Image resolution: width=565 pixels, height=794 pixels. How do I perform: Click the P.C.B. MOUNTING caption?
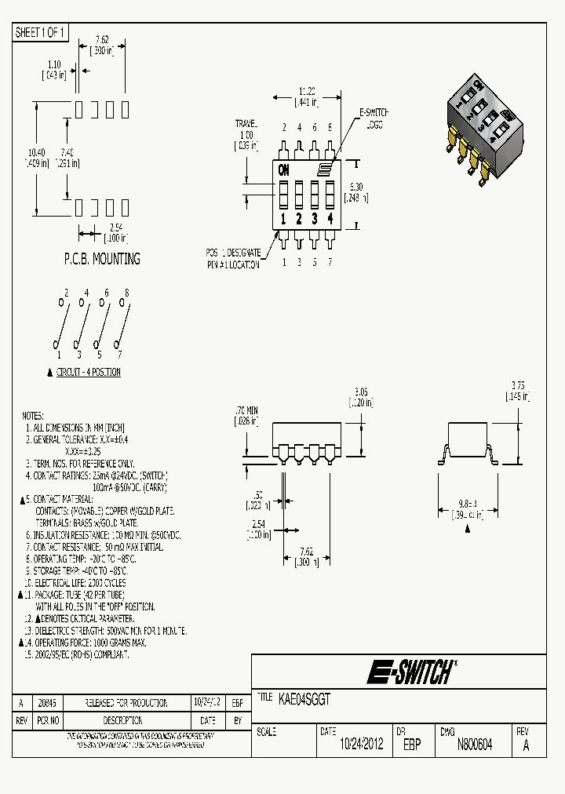pos(101,258)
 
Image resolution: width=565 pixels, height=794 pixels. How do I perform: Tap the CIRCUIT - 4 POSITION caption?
pos(88,372)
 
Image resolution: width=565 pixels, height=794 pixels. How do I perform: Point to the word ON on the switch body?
pos(283,169)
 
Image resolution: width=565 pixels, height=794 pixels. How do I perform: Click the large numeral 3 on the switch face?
pos(315,219)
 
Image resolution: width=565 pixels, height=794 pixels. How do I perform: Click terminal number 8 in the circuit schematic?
pos(126,293)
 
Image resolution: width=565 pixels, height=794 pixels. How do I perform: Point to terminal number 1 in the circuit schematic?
pos(59,355)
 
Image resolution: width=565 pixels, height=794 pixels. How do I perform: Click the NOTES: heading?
pos(33,416)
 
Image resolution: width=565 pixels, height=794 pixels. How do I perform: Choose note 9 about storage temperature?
pos(78,570)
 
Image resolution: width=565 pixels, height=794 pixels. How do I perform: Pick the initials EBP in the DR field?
pos(411,745)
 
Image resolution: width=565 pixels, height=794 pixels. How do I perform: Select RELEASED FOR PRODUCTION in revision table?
pos(126,702)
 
